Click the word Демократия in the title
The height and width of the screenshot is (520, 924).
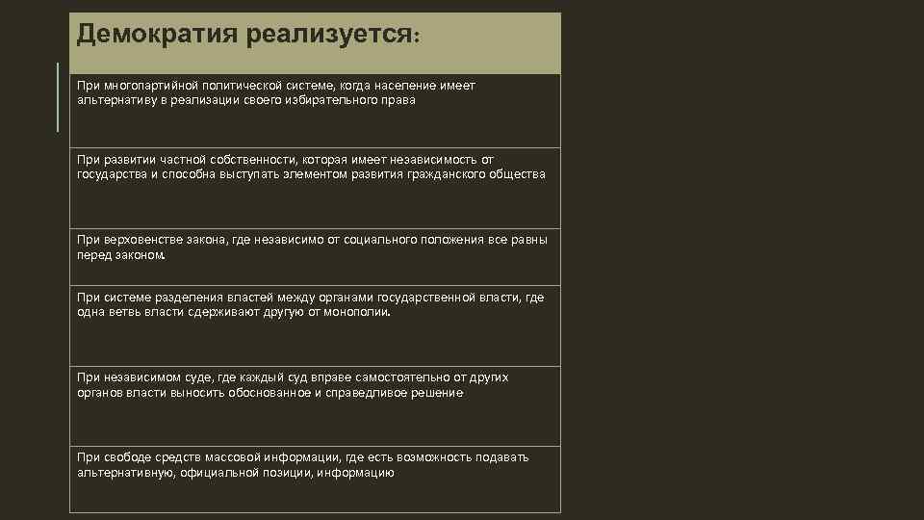coord(158,35)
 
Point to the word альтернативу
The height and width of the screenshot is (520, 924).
coord(115,100)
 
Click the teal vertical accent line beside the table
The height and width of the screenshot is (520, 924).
coord(58,97)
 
